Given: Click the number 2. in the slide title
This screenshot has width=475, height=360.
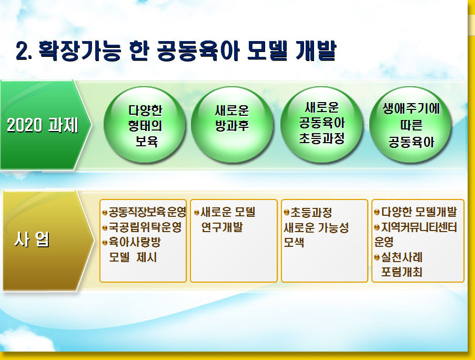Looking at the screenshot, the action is point(24,51).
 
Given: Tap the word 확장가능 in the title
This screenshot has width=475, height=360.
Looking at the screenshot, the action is point(79,51).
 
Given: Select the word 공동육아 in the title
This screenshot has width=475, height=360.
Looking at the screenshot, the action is point(198,51).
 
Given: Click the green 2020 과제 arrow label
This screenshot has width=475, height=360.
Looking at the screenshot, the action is point(43,125).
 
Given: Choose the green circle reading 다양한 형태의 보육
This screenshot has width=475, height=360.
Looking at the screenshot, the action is point(145,125).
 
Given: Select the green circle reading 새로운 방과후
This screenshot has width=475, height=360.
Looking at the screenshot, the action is point(232,125).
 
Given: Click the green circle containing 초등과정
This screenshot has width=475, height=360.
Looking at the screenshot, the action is point(321,125).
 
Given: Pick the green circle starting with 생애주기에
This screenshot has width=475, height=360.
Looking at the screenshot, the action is point(410,125).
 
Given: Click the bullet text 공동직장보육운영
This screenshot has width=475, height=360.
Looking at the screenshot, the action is point(147,212).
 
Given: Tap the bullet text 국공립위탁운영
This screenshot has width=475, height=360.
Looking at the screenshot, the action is point(145,227).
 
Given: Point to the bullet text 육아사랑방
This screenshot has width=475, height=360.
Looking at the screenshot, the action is point(135,242).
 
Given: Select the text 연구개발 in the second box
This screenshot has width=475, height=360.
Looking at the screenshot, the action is point(222,227).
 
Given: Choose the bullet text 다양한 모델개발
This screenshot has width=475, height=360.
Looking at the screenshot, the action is point(419,212).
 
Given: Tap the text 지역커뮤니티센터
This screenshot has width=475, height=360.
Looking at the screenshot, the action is point(419,227).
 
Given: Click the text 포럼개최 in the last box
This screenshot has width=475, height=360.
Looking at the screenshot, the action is point(401,272).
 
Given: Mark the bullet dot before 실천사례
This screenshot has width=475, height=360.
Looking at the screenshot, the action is point(377,257).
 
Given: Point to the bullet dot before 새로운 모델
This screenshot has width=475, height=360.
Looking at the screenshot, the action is point(197,213).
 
